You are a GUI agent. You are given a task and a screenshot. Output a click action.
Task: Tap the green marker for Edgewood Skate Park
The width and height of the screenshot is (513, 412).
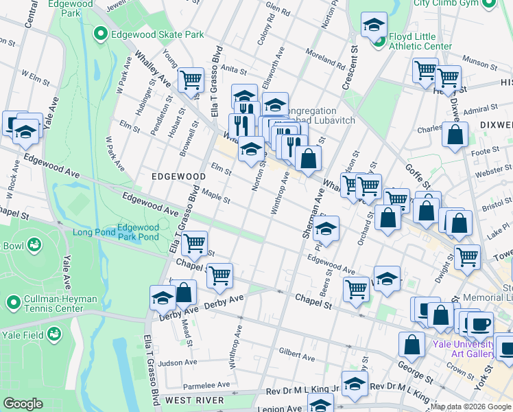100,33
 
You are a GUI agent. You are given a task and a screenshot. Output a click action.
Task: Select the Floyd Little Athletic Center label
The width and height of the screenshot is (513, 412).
420,41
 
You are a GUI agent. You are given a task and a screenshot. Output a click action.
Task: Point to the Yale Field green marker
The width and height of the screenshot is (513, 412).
53,334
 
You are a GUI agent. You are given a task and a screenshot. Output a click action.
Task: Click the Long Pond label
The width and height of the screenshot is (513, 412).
92,232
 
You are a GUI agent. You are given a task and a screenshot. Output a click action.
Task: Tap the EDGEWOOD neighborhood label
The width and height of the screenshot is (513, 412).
178,176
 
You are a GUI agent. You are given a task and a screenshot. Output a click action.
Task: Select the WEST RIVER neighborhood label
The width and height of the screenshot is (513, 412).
194,400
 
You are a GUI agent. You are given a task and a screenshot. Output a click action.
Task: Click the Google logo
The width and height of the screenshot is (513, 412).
23,404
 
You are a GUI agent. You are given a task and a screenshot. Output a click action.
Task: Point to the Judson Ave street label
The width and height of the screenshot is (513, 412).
177,363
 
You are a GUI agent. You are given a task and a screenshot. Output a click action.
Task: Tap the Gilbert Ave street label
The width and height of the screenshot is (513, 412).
296,353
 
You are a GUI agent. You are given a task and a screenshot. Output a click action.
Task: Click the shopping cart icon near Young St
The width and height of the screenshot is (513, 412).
191,79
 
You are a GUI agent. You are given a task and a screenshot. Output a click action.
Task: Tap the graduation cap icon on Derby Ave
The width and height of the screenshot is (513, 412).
163,297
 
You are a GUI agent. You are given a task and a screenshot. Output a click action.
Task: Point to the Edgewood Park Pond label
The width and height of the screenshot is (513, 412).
138,232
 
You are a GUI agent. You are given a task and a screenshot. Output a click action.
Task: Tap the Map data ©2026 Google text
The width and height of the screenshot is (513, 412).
470,407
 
